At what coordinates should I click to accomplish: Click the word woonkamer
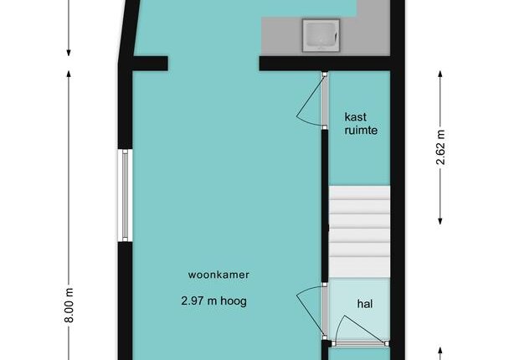(x=219, y=275)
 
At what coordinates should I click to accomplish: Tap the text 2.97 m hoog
(x=214, y=301)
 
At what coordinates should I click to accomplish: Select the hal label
(x=365, y=304)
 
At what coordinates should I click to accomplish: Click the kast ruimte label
(x=361, y=124)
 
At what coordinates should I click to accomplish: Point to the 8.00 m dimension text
(x=69, y=305)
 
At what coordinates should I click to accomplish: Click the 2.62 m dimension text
(x=440, y=147)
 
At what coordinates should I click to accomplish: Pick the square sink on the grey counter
(x=321, y=35)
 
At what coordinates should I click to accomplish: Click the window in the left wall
(x=125, y=195)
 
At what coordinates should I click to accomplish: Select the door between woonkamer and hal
(x=325, y=311)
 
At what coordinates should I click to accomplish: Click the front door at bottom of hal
(x=360, y=343)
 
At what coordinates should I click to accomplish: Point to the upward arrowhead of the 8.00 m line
(x=69, y=74)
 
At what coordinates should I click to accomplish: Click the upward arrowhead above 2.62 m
(x=440, y=74)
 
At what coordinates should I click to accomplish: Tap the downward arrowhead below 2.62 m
(x=440, y=221)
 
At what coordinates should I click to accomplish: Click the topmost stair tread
(x=359, y=193)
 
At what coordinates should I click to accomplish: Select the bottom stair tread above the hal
(x=359, y=267)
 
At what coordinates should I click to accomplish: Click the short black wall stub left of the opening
(x=151, y=64)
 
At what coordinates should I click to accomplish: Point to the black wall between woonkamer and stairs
(x=325, y=206)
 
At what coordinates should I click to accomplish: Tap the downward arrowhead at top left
(x=69, y=53)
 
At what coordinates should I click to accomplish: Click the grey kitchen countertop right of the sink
(x=364, y=36)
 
